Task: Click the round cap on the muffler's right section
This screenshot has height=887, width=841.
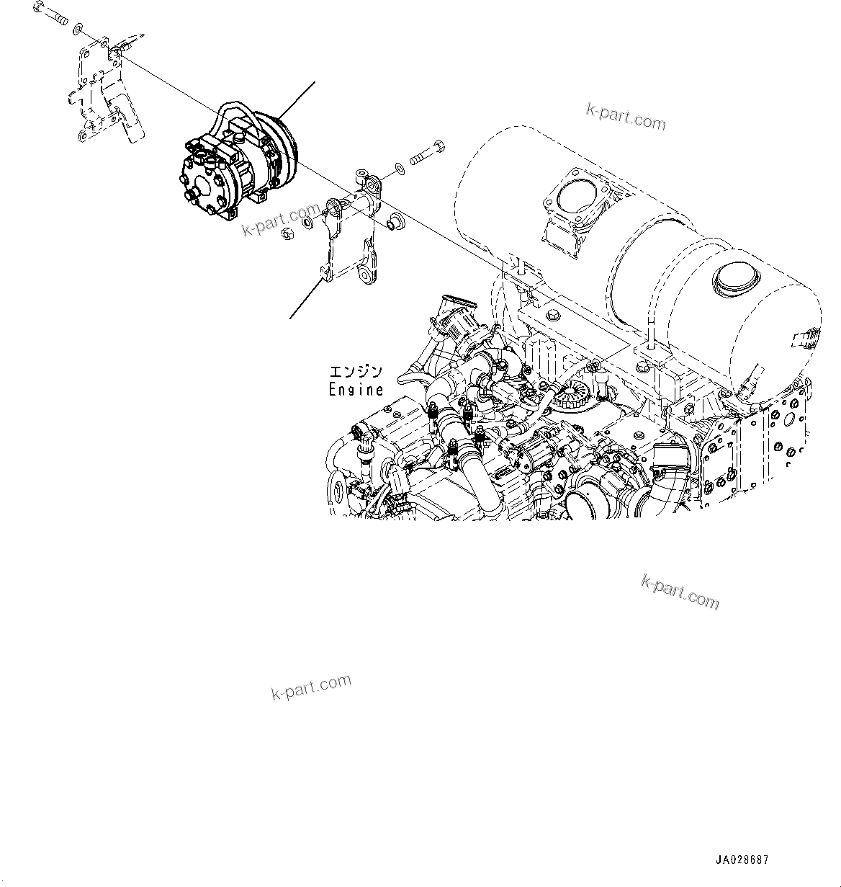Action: point(734,277)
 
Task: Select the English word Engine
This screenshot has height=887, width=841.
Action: point(356,390)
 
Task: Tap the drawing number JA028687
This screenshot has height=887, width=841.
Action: point(742,860)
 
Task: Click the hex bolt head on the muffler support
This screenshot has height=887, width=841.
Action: point(553,314)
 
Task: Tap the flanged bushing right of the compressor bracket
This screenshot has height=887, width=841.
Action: point(395,222)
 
